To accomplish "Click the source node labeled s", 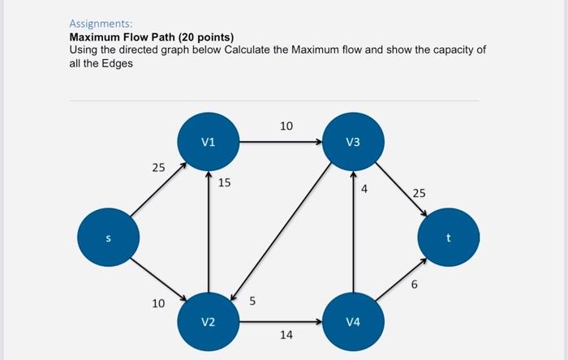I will (x=108, y=238).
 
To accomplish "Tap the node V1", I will (x=209, y=143).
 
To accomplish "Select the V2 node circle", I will (x=209, y=322).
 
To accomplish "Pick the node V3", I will (x=352, y=143).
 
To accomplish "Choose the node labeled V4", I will (x=352, y=322).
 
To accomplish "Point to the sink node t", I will (x=448, y=238).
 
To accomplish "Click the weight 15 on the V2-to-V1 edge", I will (x=224, y=182).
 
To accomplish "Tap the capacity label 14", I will (x=286, y=334).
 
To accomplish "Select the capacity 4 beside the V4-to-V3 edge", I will (x=364, y=189).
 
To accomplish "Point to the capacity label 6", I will (x=415, y=285).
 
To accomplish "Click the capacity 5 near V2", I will (x=252, y=302).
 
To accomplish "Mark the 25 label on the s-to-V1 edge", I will (x=158, y=168).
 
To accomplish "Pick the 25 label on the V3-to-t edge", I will (x=418, y=193).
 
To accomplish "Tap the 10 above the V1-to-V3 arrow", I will (x=286, y=126).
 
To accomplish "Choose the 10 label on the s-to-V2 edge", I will (x=158, y=303).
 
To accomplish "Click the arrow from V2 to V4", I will (x=280, y=322).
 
